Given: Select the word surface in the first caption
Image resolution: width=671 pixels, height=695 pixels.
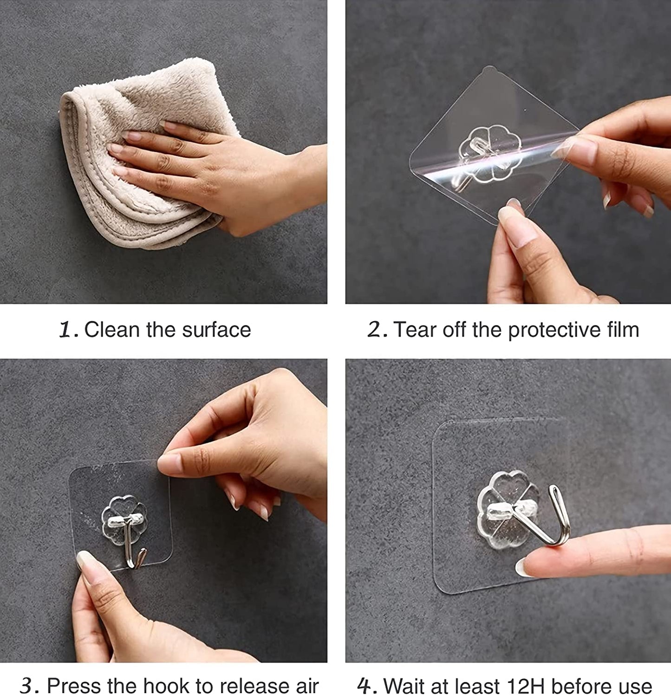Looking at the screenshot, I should point(216,330).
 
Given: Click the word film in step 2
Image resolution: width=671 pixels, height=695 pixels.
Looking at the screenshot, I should point(623,330).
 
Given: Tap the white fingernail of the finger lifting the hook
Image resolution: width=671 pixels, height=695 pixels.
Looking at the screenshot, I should point(524,567).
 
